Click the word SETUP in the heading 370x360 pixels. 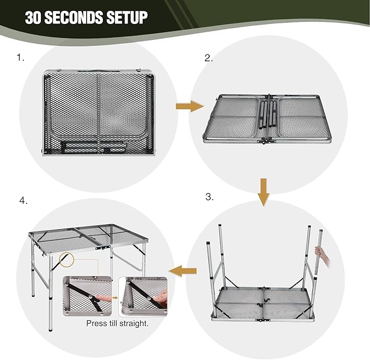[123, 17]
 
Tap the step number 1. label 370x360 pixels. [21, 57]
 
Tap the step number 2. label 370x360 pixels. [209, 58]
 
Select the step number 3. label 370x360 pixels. [209, 197]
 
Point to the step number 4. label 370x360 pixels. [23, 201]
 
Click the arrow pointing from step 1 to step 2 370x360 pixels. [189, 106]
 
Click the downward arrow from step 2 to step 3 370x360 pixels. [264, 191]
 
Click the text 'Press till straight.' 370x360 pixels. [117, 323]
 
